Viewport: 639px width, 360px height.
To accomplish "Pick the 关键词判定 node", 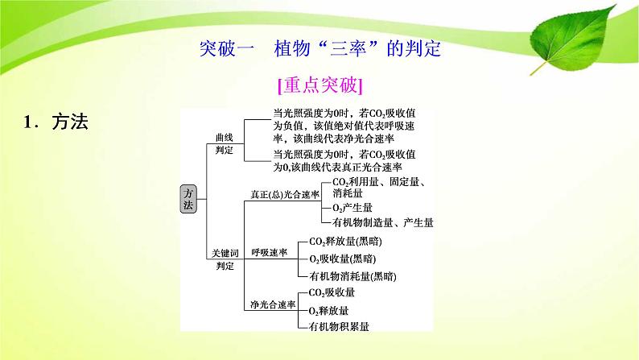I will click(224, 259).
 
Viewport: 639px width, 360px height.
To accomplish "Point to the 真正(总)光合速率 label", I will click(284, 195).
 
